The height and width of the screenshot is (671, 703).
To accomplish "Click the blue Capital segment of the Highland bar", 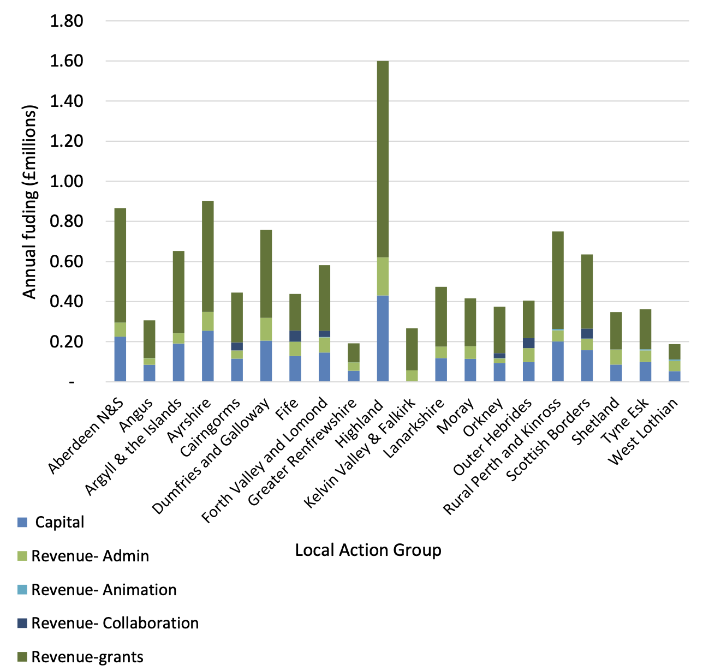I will coord(383,338).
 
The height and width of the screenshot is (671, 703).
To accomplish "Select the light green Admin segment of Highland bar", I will coord(383,276).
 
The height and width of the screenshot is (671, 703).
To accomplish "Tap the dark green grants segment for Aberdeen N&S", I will coord(120,265).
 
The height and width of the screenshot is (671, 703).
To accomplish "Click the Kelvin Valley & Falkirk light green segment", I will coord(412,375).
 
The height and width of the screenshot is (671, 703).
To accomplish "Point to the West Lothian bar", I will coord(675,362).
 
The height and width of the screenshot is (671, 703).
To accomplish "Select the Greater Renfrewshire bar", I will coord(354,362).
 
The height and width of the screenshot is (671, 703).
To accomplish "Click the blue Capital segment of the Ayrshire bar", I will coord(207,356).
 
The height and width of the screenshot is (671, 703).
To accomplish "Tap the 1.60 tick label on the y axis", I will coord(67,61).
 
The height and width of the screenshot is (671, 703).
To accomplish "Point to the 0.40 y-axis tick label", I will coord(67,302).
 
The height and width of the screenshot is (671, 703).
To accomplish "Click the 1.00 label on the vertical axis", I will coord(67,181).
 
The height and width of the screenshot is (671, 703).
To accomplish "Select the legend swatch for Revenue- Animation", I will coord(22,590).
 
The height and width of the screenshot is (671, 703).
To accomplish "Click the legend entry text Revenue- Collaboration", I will coord(115,623).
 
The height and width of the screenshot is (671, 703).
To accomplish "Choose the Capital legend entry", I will coord(59,522).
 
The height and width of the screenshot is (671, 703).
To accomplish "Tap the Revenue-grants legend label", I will coord(87,657).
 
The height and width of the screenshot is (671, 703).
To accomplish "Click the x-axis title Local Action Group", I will coord(368,550).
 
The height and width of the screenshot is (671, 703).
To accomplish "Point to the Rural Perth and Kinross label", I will coord(502,458).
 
